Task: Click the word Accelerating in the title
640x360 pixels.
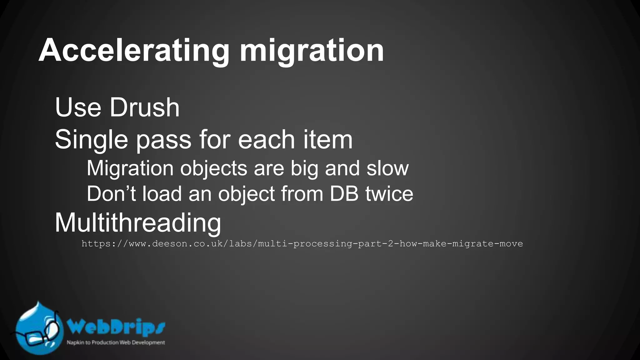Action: [134, 51]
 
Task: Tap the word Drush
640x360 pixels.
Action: [144, 107]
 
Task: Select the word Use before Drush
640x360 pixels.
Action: [78, 107]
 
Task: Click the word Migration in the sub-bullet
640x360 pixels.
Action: [130, 169]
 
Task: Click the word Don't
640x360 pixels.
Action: [111, 194]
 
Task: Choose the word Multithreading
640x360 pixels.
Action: [138, 223]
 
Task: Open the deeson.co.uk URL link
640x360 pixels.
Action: [302, 244]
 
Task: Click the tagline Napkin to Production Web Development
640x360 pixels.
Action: [116, 342]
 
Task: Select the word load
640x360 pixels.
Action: [162, 194]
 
